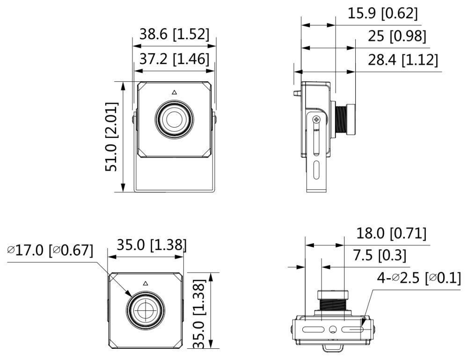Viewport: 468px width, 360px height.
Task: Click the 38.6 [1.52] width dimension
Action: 174,34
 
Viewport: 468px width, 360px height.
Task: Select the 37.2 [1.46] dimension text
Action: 174,59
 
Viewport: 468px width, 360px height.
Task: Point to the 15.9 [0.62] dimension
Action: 382,13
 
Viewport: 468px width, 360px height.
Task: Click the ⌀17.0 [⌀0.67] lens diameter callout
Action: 50,250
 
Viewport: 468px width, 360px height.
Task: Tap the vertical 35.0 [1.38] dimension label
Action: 199,313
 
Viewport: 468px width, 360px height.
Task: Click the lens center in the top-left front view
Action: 174,119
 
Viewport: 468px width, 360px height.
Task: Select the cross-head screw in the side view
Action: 317,119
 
